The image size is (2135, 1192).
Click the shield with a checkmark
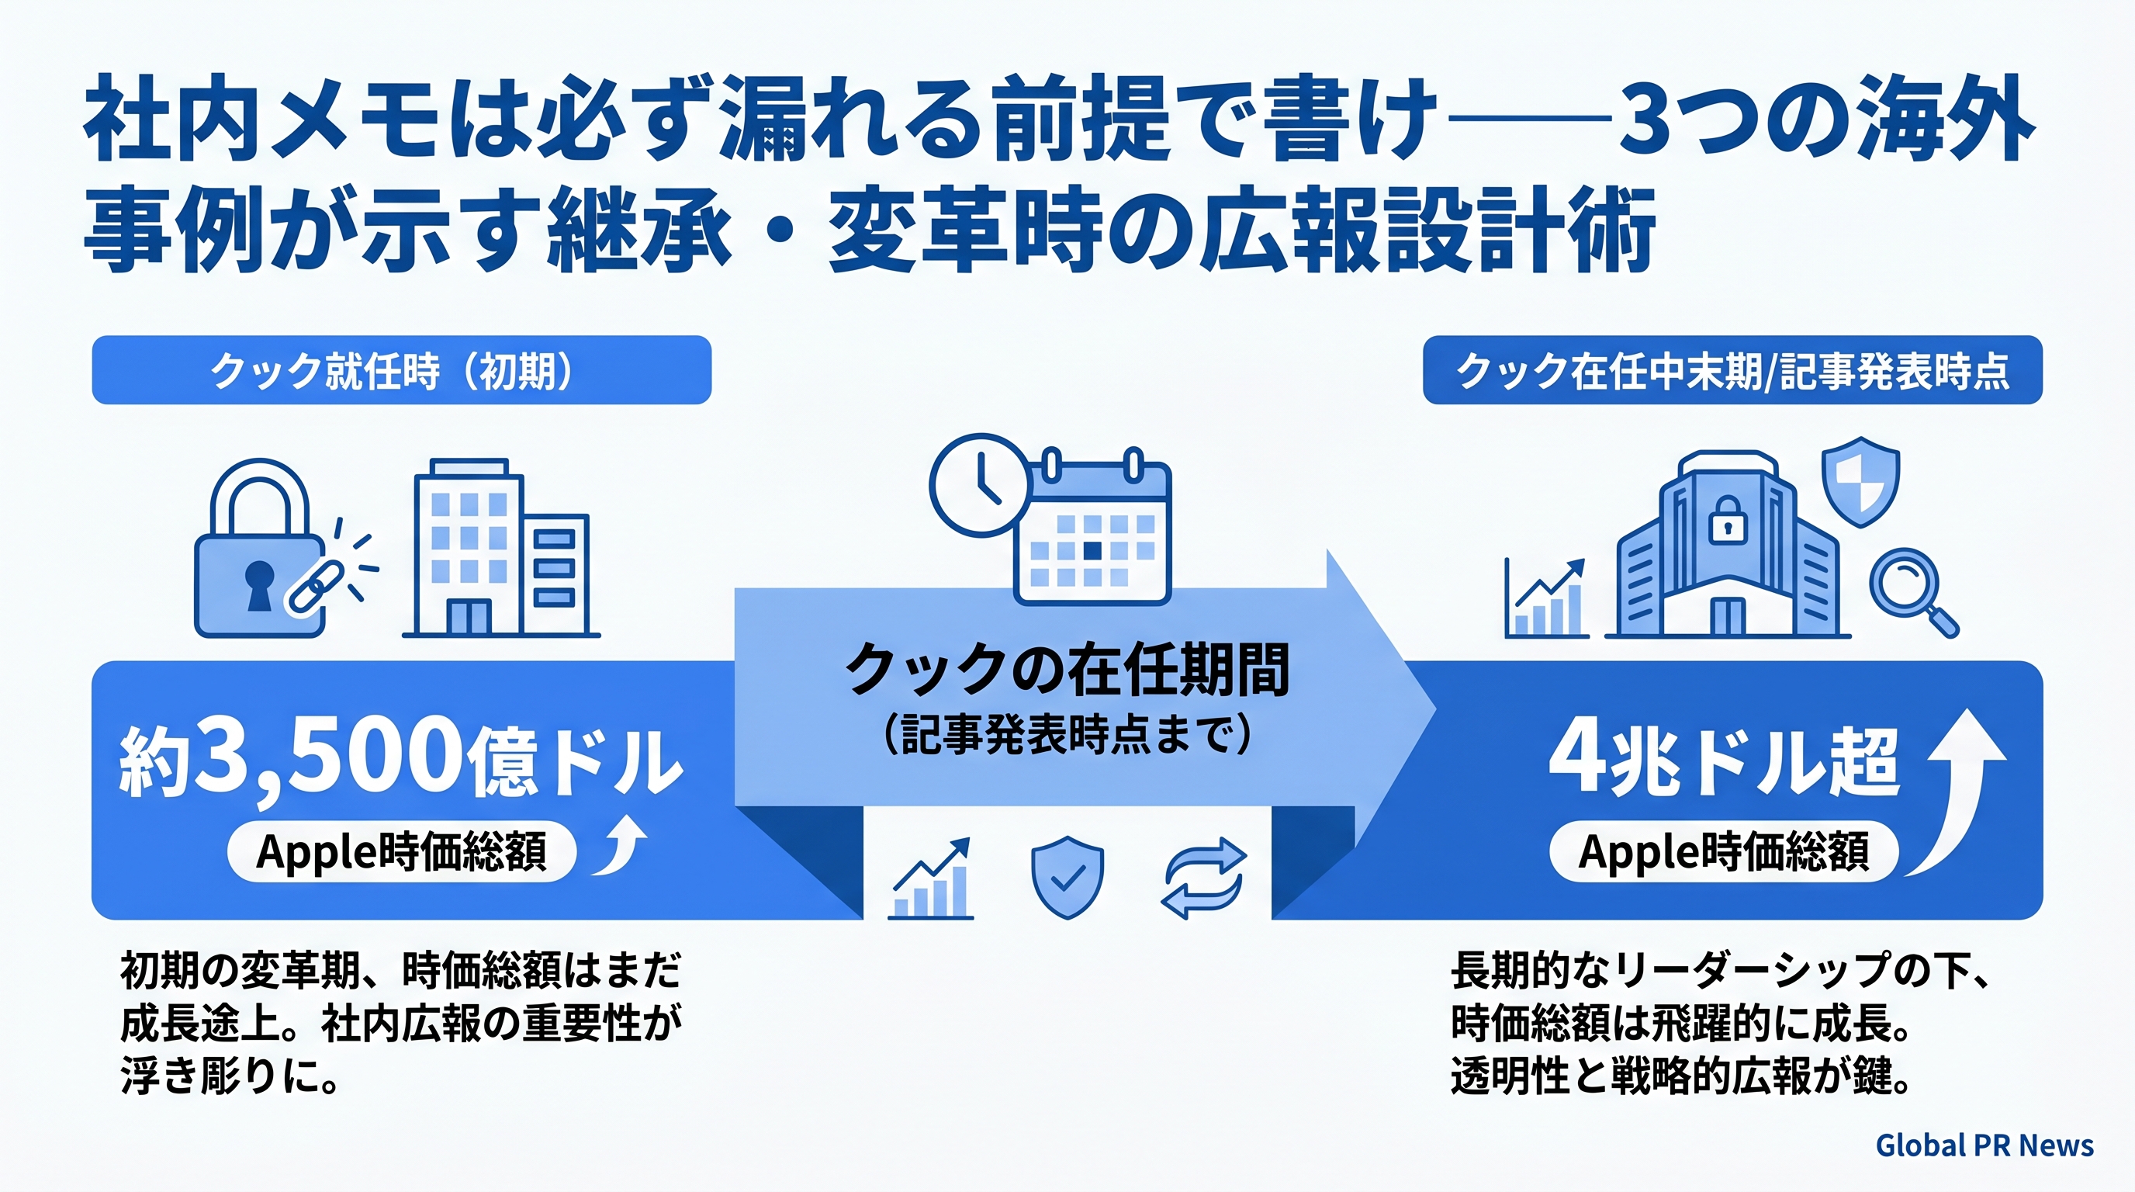point(1067,877)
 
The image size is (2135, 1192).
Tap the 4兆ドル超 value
point(1724,763)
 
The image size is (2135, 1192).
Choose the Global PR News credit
point(1984,1145)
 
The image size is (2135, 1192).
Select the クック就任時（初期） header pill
point(401,369)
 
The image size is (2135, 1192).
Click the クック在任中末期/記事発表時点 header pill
point(1732,369)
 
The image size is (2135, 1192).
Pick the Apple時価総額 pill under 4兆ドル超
point(1724,851)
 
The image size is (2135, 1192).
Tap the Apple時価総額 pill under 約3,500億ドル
point(401,851)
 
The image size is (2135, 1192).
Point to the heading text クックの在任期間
point(1067,670)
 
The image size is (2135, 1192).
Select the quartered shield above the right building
point(1860,483)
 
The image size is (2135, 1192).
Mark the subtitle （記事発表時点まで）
point(1067,734)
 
